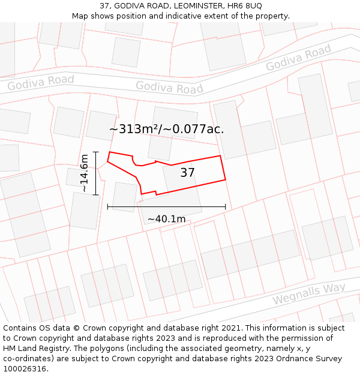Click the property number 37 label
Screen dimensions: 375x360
187,173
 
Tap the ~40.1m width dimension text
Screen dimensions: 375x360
166,219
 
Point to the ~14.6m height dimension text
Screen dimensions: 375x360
84,173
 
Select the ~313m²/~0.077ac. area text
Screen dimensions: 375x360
166,128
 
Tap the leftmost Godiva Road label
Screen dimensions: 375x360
41,83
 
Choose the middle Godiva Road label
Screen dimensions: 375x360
169,88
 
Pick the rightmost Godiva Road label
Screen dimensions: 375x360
298,58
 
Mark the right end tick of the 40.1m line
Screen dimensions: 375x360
226,206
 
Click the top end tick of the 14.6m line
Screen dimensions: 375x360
95,152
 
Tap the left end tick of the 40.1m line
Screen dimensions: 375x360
108,206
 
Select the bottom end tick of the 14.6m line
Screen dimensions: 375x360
95,196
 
